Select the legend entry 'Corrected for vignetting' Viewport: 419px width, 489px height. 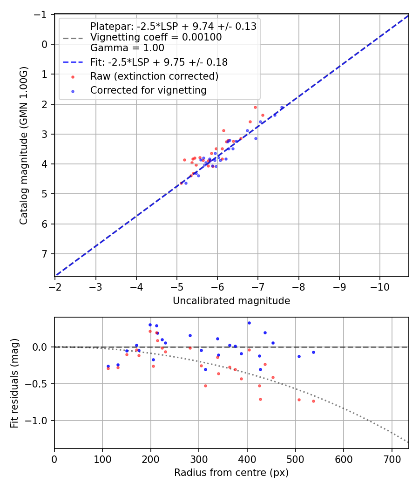click(149, 90)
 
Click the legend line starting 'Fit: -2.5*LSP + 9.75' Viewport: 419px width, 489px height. click(159, 61)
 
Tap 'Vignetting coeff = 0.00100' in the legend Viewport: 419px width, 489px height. click(156, 37)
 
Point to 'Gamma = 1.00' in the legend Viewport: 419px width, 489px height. click(127, 48)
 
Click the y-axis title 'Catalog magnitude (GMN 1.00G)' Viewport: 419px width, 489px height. click(24, 145)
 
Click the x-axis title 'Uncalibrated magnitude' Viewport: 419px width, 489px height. click(231, 301)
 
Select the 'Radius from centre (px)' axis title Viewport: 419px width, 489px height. click(231, 473)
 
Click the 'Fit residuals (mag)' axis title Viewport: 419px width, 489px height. click(14, 383)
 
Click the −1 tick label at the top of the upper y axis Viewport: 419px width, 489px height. click(42, 14)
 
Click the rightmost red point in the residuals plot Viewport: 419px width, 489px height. click(313, 401)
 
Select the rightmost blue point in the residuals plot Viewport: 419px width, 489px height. click(313, 352)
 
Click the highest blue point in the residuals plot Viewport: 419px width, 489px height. click(249, 323)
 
